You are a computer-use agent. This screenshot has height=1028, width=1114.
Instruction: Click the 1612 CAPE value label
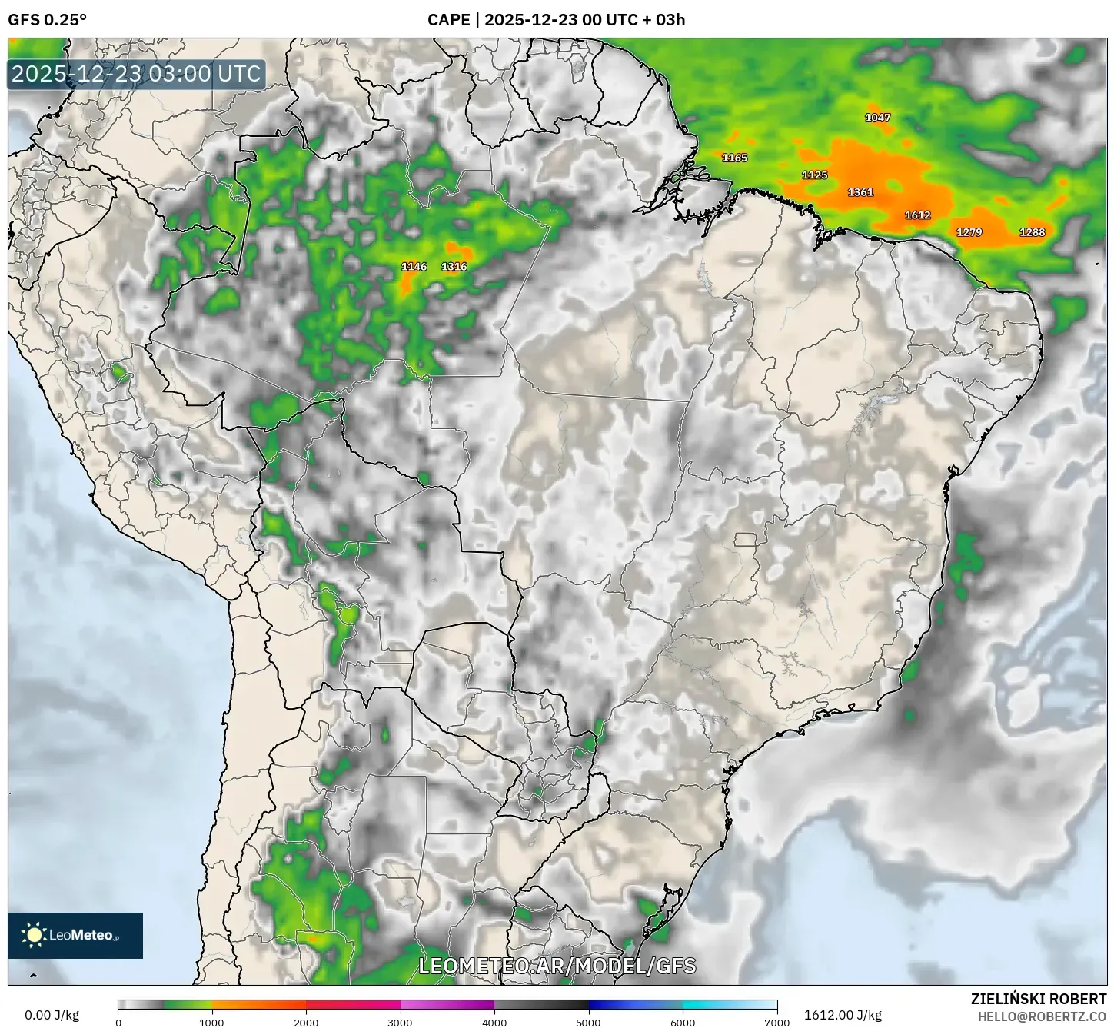[x=918, y=215]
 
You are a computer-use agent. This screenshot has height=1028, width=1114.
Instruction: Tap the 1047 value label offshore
[x=878, y=118]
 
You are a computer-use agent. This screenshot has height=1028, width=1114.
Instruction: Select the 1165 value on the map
[x=735, y=158]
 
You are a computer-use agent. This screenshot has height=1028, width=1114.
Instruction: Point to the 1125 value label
[x=815, y=175]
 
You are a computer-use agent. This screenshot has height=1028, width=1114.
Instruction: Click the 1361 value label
[x=861, y=192]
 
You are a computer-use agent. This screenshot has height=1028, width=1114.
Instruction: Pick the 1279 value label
[x=969, y=232]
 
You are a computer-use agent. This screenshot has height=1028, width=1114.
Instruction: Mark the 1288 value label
[x=1033, y=232]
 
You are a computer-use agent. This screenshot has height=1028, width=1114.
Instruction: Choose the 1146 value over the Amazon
[x=414, y=267]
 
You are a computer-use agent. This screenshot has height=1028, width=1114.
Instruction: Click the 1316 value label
[x=454, y=267]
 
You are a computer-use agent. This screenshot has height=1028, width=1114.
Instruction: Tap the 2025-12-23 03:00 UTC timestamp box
[x=137, y=75]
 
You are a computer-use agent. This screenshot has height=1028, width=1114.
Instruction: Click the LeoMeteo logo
[x=75, y=935]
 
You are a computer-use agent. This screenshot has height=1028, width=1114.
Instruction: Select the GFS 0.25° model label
[x=48, y=20]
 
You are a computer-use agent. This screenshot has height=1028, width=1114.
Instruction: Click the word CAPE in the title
[x=448, y=20]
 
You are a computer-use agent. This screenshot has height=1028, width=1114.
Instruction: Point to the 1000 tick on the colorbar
[x=212, y=1022]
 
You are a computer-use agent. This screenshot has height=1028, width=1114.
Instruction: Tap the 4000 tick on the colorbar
[x=494, y=1022]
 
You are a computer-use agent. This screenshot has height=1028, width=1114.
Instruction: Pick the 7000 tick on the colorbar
[x=777, y=1022]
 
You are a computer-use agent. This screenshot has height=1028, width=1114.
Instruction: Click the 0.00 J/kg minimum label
[x=52, y=1015]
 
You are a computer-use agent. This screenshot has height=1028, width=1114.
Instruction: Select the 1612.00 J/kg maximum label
[x=843, y=1015]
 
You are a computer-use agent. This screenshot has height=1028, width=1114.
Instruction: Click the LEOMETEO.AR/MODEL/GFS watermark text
[x=557, y=966]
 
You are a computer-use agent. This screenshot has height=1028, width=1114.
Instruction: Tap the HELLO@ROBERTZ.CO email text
[x=1043, y=1016]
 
